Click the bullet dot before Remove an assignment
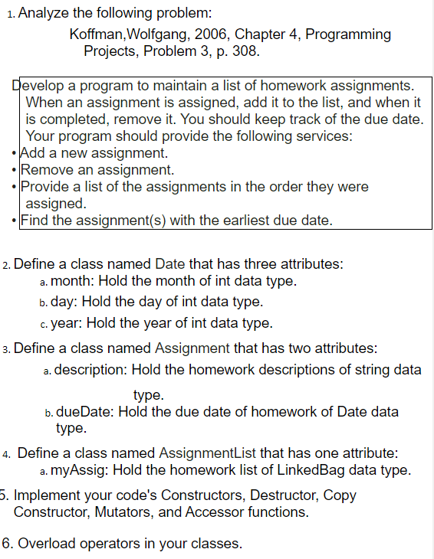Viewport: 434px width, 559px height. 15,170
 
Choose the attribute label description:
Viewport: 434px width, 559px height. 92,370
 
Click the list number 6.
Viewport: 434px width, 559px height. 7,544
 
